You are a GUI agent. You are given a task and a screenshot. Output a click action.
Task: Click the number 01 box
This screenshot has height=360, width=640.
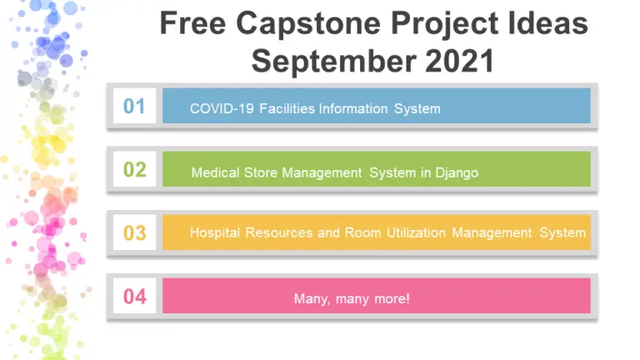click(x=134, y=107)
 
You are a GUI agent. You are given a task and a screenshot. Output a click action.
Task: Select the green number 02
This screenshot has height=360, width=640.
click(x=134, y=170)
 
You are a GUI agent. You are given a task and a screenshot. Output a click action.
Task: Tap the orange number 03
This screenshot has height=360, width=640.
click(x=134, y=232)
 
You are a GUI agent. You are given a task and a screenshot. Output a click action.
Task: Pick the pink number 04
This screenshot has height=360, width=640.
click(x=134, y=296)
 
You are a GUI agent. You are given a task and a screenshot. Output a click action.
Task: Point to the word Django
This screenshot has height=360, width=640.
click(x=456, y=172)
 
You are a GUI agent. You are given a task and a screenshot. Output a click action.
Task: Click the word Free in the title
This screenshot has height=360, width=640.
click(x=192, y=24)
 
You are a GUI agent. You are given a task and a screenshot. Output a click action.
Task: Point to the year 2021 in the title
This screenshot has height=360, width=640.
click(x=455, y=61)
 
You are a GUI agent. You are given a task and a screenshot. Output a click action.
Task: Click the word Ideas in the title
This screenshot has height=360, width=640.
click(x=544, y=24)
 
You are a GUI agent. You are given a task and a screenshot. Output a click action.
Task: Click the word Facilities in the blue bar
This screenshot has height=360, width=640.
click(x=287, y=109)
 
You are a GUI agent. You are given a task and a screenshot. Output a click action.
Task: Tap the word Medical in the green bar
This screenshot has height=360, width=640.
click(x=215, y=172)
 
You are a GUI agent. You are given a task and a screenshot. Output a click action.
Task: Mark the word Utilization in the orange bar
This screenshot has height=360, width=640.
click(x=417, y=233)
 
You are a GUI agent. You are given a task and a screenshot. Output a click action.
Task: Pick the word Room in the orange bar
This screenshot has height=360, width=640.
click(x=362, y=233)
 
